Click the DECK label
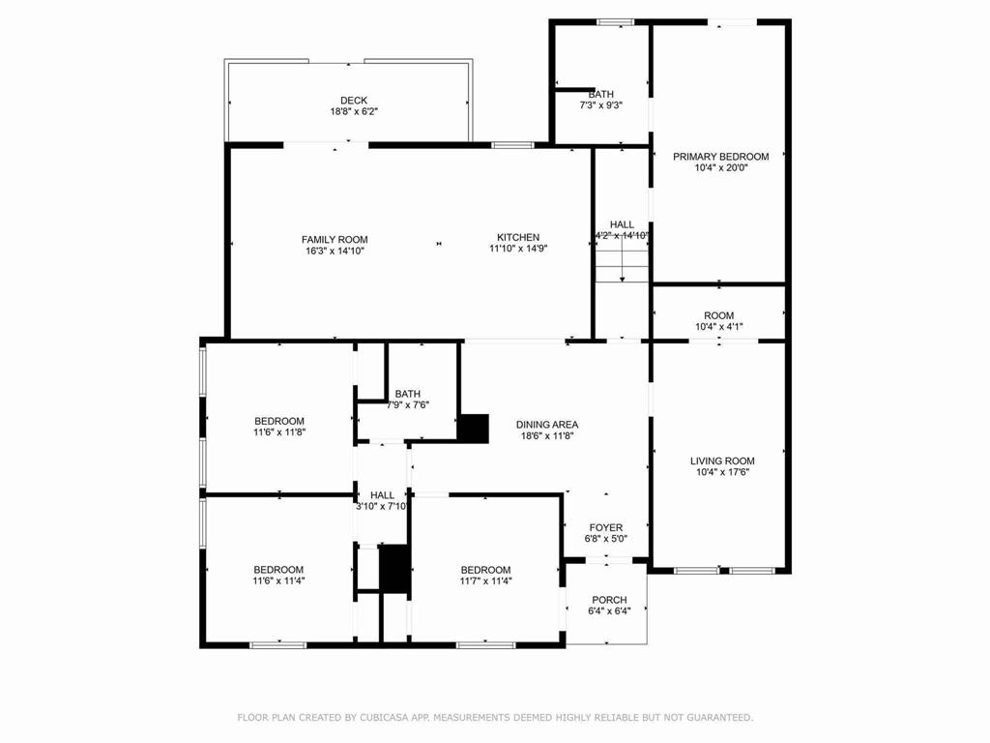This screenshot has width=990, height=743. pyautogui.click(x=353, y=100)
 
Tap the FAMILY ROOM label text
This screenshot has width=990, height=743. pyautogui.click(x=335, y=239)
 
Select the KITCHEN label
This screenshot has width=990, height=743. pyautogui.click(x=518, y=237)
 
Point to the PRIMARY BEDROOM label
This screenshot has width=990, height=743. pyautogui.click(x=720, y=157)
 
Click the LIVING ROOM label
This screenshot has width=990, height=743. pyautogui.click(x=722, y=461)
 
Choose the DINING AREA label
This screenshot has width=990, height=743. pyautogui.click(x=547, y=424)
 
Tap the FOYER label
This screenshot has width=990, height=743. pyautogui.click(x=606, y=527)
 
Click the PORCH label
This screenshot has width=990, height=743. pyautogui.click(x=609, y=600)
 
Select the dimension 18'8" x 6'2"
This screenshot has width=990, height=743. pyautogui.click(x=353, y=111)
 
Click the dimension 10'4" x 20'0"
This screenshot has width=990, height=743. pyautogui.click(x=720, y=167)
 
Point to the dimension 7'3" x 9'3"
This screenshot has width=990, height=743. pyautogui.click(x=600, y=104)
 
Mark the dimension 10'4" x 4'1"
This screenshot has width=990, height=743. pyautogui.click(x=719, y=326)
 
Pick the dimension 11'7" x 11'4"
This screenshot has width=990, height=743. pyautogui.click(x=485, y=580)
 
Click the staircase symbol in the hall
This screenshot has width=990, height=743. pyautogui.click(x=622, y=263)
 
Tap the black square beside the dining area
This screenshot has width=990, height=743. pyautogui.click(x=473, y=429)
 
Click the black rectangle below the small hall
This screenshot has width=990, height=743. pyautogui.click(x=394, y=568)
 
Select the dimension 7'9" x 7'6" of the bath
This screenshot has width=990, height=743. pyautogui.click(x=407, y=404)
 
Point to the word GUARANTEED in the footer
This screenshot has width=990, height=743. pyautogui.click(x=716, y=717)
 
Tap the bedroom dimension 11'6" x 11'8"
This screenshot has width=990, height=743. pyautogui.click(x=279, y=431)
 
